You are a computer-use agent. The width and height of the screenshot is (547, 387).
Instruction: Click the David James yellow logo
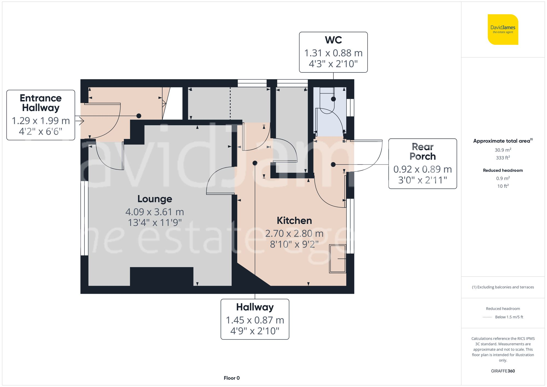click(x=503, y=30)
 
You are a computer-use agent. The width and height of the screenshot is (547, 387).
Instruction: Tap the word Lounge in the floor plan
click(x=155, y=199)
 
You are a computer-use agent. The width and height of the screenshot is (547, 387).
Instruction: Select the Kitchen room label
click(x=294, y=220)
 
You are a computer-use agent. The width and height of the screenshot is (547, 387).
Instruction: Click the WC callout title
click(x=333, y=40)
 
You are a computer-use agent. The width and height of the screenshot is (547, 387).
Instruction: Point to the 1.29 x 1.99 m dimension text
click(x=41, y=121)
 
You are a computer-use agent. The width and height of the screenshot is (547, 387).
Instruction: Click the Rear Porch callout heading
click(x=423, y=152)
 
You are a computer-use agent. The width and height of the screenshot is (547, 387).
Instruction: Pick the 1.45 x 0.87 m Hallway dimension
click(x=255, y=320)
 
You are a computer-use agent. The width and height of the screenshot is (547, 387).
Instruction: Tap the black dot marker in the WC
click(x=333, y=99)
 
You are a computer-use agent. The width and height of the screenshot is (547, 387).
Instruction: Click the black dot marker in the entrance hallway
click(x=139, y=116)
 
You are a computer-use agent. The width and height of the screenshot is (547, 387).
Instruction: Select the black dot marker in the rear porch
click(x=333, y=164)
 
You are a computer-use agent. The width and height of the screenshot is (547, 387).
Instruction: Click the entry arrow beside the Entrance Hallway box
click(x=80, y=121)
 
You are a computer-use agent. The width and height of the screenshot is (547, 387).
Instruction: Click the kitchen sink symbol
click(x=337, y=259)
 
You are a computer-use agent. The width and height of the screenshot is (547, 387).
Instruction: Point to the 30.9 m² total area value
click(x=503, y=150)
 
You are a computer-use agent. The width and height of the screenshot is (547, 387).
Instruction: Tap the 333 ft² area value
click(x=503, y=158)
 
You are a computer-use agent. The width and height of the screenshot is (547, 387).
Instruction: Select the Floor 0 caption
click(x=231, y=378)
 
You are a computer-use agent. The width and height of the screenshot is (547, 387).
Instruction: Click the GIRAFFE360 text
click(x=503, y=371)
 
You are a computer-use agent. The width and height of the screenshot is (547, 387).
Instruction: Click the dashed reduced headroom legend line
click(x=487, y=317)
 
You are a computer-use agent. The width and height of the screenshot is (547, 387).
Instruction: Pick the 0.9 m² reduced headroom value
click(x=503, y=178)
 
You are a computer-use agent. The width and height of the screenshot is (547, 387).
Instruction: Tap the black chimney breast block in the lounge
click(x=161, y=276)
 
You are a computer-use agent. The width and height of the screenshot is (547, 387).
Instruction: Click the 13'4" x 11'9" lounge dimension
click(x=155, y=223)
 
